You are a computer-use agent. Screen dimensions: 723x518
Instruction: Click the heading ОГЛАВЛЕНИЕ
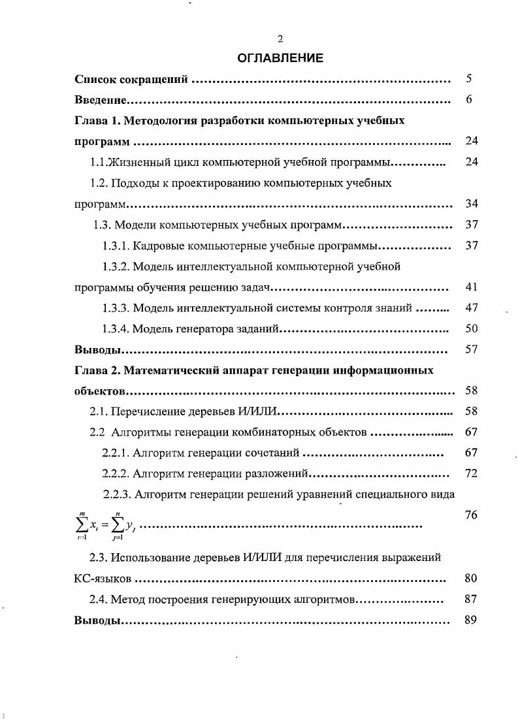(280, 58)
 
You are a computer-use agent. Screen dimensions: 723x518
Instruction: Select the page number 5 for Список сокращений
(469, 79)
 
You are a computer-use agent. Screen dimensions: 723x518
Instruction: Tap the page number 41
(472, 287)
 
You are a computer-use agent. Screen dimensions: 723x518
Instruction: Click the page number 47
(472, 308)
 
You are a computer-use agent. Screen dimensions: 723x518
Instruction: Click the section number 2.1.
(99, 411)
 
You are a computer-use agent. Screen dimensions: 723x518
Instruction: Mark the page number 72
(472, 473)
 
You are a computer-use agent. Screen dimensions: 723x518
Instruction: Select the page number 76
(472, 515)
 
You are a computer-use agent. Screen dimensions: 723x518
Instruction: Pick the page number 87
(472, 599)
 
